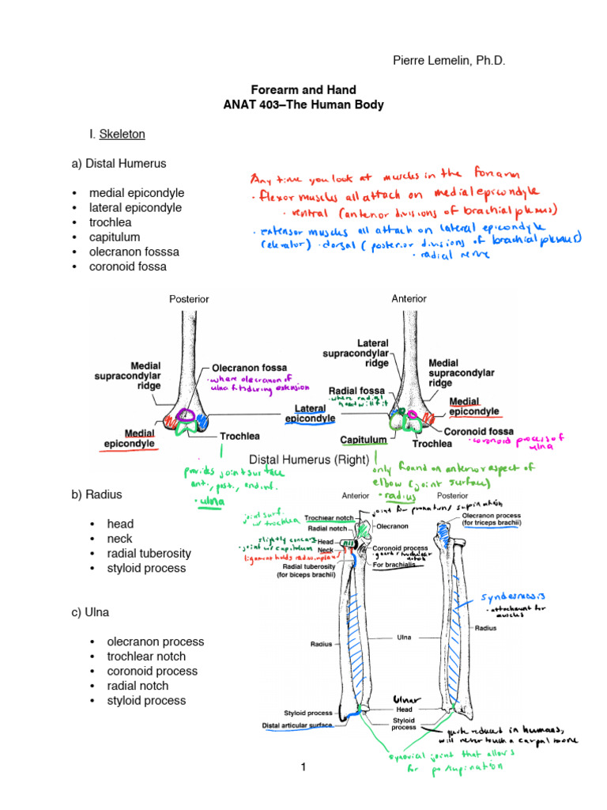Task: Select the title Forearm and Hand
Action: click(x=303, y=90)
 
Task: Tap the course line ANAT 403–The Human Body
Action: click(x=303, y=104)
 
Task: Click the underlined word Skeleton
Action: click(x=123, y=134)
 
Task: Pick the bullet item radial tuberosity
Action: click(x=149, y=553)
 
